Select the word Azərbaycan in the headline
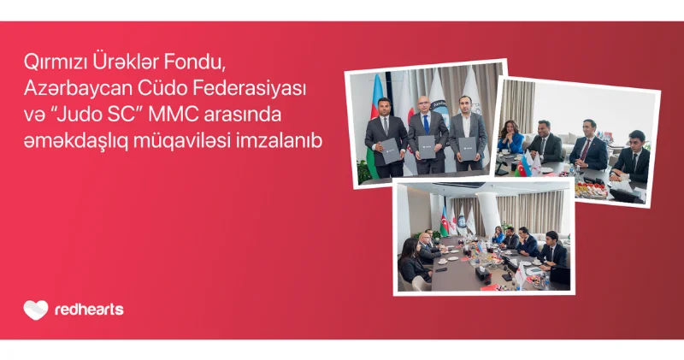pyautogui.click(x=77, y=89)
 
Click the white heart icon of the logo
pyautogui.click(x=36, y=310)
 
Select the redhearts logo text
pyautogui.click(x=90, y=310)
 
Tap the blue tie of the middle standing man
pyautogui.click(x=426, y=124)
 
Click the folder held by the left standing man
pyautogui.click(x=390, y=151)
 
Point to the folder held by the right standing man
pyautogui.click(x=467, y=149)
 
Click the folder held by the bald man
pyautogui.click(x=426, y=147)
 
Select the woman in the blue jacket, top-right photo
pyautogui.click(x=510, y=137)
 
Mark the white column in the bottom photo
pyautogui.click(x=488, y=214)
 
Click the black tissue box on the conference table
pyautogui.click(x=481, y=274)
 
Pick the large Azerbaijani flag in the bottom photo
pyautogui.click(x=444, y=221)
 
